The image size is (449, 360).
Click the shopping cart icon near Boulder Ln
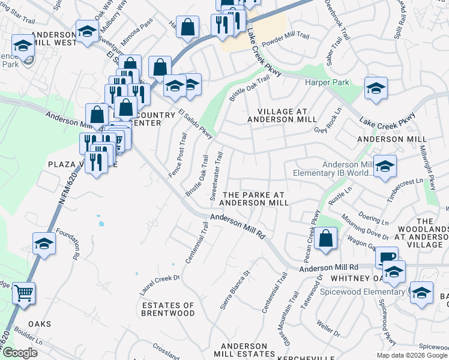point(23,293)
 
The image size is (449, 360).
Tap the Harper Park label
point(324,82)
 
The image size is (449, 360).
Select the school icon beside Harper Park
point(376,89)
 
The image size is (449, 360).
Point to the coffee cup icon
point(387,257)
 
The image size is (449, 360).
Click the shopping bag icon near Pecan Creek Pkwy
point(325,238)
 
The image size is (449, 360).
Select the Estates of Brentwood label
point(168,309)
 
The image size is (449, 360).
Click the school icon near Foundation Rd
point(44,243)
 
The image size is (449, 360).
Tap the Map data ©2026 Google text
point(411,355)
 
